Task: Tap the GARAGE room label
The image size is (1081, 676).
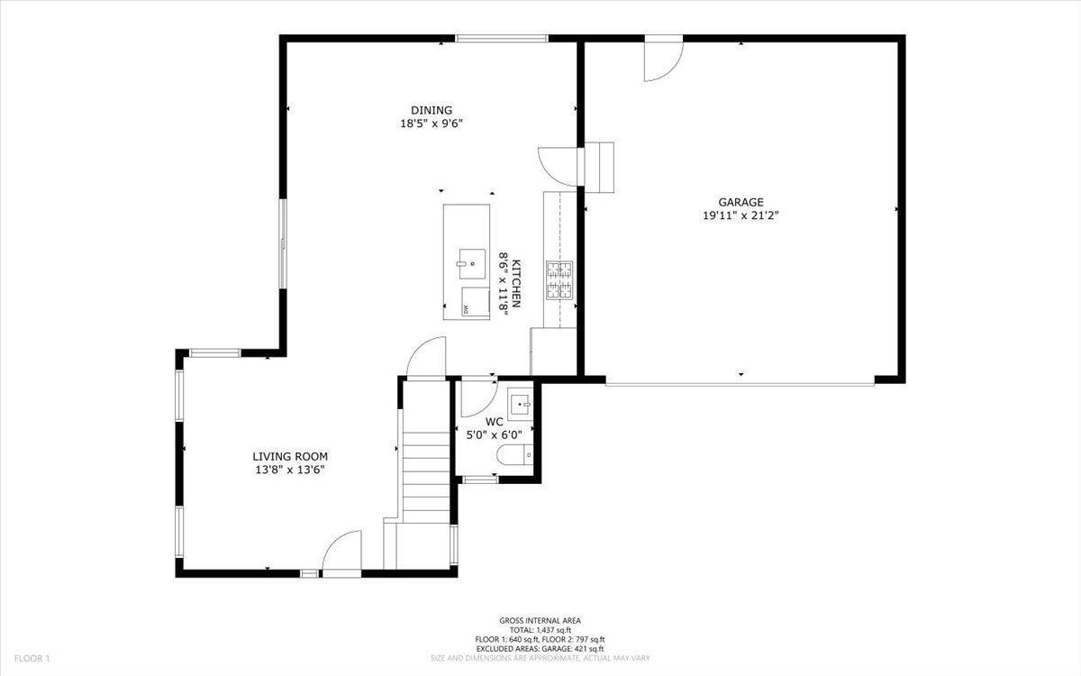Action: (x=740, y=202)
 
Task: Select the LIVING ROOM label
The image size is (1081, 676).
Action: (x=289, y=456)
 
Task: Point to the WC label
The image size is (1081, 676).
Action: (x=494, y=421)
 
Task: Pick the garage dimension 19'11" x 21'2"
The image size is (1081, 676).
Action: (x=740, y=215)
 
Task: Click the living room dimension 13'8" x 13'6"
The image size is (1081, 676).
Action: (x=288, y=470)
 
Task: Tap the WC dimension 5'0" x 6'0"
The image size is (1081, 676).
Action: (x=494, y=434)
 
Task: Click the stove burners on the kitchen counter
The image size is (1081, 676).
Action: (x=559, y=279)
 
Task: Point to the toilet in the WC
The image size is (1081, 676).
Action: (x=516, y=456)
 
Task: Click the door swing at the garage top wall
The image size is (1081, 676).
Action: (x=662, y=59)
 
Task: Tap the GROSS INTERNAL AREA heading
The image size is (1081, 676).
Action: (x=540, y=620)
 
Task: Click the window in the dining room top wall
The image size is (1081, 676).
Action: (x=502, y=38)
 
